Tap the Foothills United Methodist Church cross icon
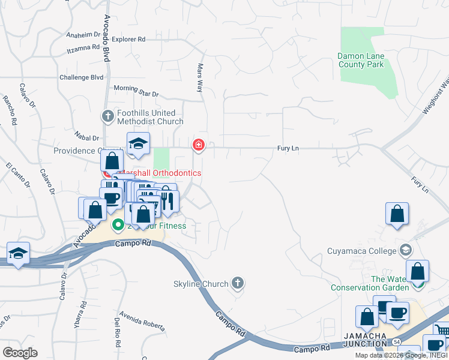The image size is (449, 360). pyautogui.click(x=108, y=116)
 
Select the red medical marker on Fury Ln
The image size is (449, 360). pyautogui.click(x=198, y=145)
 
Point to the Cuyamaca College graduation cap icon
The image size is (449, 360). pyautogui.click(x=406, y=250)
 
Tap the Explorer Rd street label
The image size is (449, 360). pyautogui.click(x=128, y=40)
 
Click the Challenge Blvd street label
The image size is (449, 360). pyautogui.click(x=81, y=77)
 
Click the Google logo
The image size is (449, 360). pyautogui.click(x=20, y=352)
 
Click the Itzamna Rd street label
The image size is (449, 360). pyautogui.click(x=83, y=47)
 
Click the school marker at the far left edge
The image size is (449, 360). pyautogui.click(x=19, y=253)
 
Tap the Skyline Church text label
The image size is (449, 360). pyautogui.click(x=200, y=284)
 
